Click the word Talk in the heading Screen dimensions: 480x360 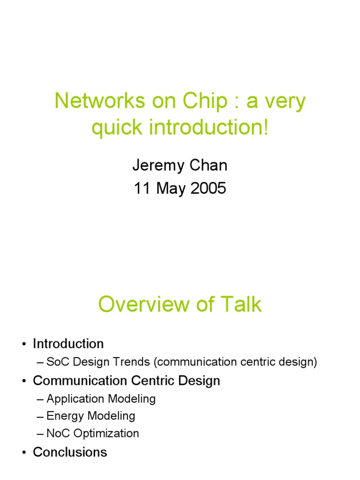point(242,305)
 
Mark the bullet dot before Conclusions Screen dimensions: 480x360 point(24,453)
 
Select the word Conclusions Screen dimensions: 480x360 point(70,452)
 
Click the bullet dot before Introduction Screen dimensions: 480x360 point(24,344)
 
